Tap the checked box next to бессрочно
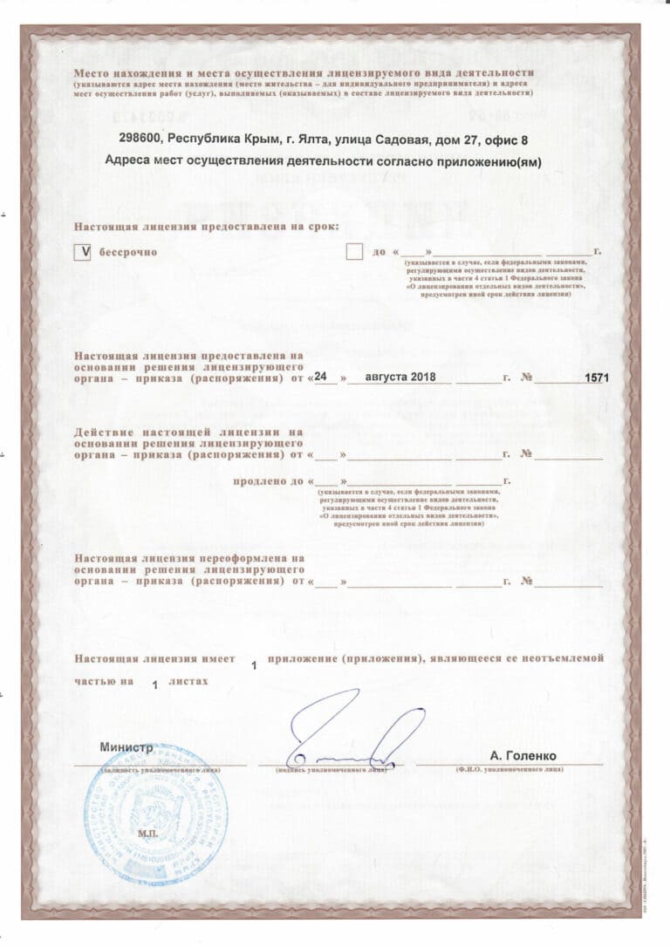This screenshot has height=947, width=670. [85, 252]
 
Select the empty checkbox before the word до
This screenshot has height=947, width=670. [354, 252]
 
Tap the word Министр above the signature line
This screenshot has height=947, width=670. [126, 747]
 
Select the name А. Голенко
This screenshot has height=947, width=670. [523, 755]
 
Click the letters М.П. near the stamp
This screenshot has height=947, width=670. [145, 834]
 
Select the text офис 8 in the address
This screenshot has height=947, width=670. [507, 139]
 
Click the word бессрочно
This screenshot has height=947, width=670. [127, 252]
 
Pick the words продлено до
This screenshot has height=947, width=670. [268, 480]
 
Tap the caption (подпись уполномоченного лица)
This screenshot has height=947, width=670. [331, 770]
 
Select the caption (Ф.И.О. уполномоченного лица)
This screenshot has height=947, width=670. [509, 770]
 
